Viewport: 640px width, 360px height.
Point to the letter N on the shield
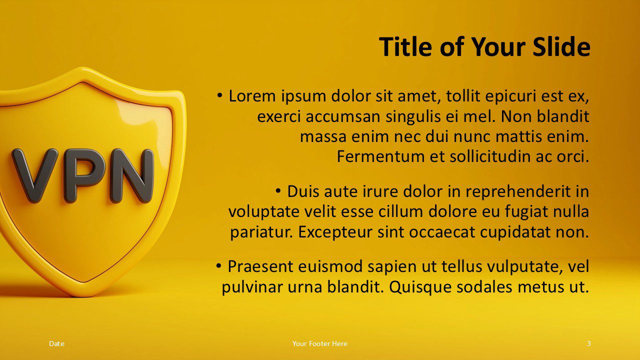pos(131,175)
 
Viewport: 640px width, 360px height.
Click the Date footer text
pos(56,343)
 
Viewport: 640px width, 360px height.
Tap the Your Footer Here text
pos(320,343)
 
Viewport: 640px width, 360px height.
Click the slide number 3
pos(588,343)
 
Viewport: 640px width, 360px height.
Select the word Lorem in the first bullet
pos(251,96)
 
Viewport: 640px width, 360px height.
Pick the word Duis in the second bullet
pos(303,191)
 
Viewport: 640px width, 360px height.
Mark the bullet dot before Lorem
pos(220,94)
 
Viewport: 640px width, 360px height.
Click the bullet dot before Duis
pos(278,190)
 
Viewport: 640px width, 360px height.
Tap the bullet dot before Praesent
pos(219,265)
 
